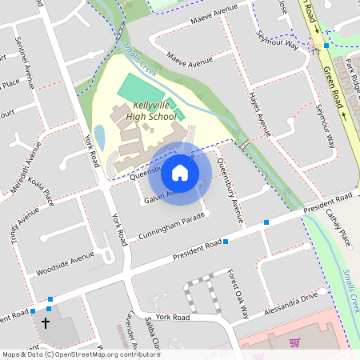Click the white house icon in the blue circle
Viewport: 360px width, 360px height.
(x=180, y=172)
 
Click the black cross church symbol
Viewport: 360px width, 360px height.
(x=45, y=324)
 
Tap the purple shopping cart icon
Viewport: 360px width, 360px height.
(x=295, y=342)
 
